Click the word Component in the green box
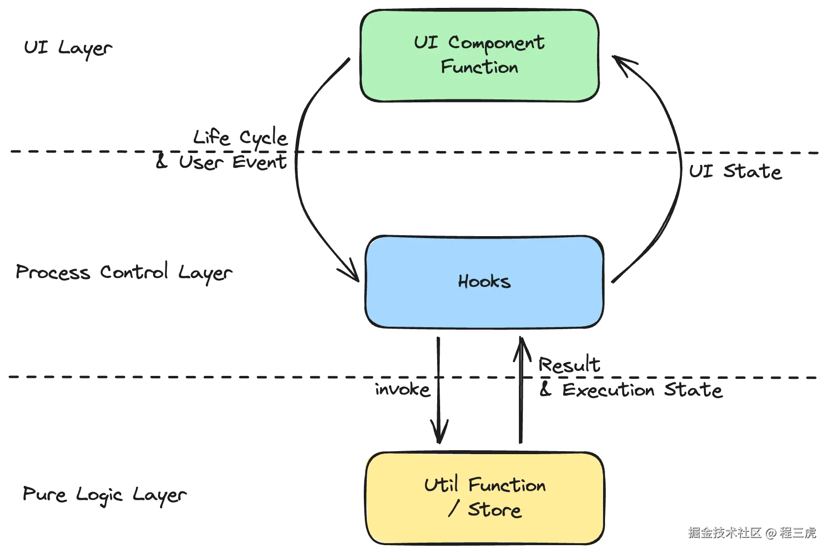(x=496, y=43)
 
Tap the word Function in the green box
(x=479, y=67)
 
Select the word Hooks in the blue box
(x=484, y=281)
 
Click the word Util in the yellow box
(x=441, y=485)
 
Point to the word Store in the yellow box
(x=494, y=510)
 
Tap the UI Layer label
(x=68, y=48)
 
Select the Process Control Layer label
(x=125, y=272)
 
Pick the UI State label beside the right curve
(x=735, y=171)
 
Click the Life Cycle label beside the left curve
(x=240, y=138)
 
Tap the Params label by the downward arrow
(x=403, y=391)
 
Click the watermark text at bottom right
(x=751, y=532)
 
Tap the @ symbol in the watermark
(x=770, y=532)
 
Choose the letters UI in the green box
(x=426, y=42)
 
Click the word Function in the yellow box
(x=507, y=485)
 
